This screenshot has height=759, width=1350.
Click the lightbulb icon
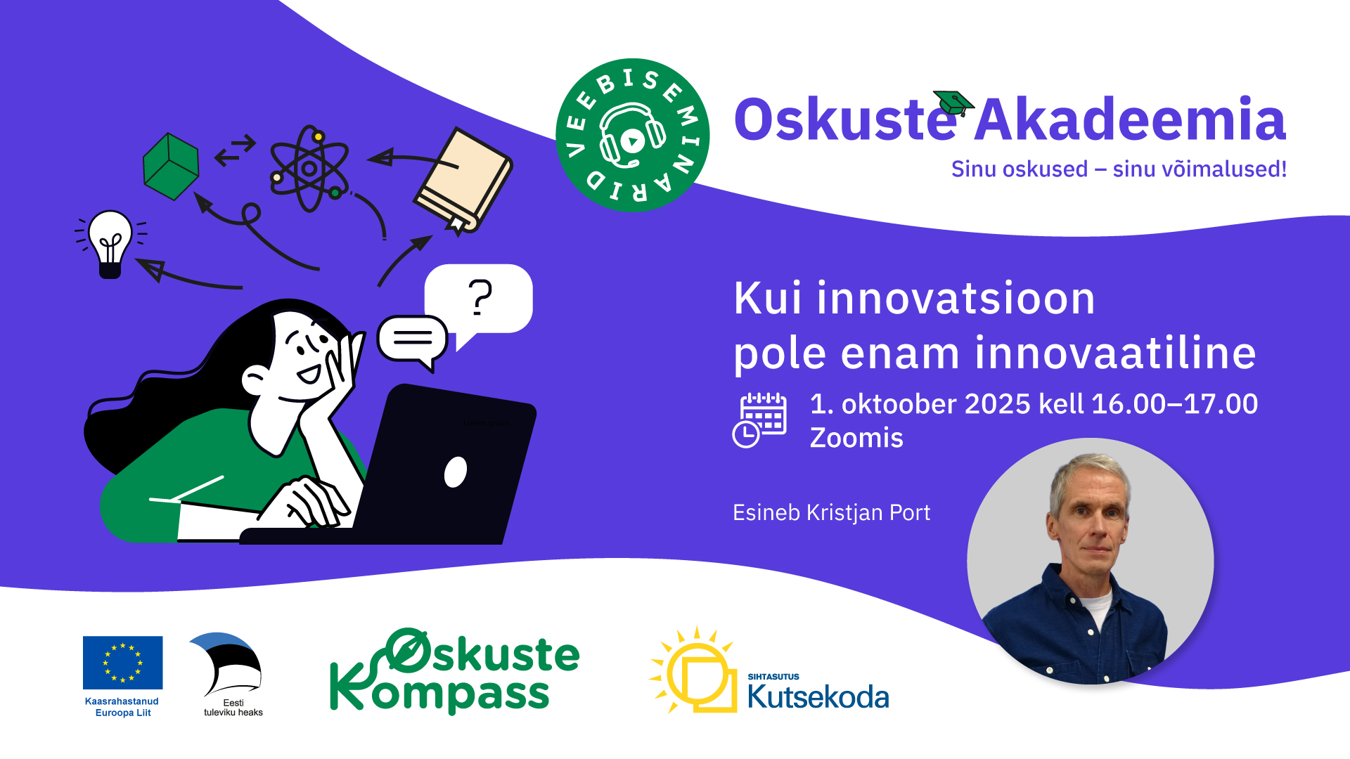tap(110, 243)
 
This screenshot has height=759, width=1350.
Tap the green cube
tap(171, 166)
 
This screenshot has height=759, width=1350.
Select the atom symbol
tap(309, 169)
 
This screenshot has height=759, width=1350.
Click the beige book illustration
tap(463, 180)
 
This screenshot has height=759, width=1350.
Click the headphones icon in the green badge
tap(632, 136)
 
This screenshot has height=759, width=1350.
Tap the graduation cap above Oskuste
tap(953, 103)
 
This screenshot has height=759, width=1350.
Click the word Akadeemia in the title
tap(1131, 119)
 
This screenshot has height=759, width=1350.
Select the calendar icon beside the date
tap(759, 420)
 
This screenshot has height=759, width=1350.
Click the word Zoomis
tap(856, 438)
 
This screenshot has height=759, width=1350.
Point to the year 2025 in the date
tap(997, 404)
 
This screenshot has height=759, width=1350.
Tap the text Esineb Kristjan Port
tap(831, 513)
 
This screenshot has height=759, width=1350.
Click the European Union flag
tap(122, 663)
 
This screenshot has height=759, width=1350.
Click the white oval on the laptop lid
tap(456, 472)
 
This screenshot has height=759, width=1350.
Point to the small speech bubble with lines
tap(413, 342)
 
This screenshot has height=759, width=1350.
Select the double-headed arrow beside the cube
tap(235, 151)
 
